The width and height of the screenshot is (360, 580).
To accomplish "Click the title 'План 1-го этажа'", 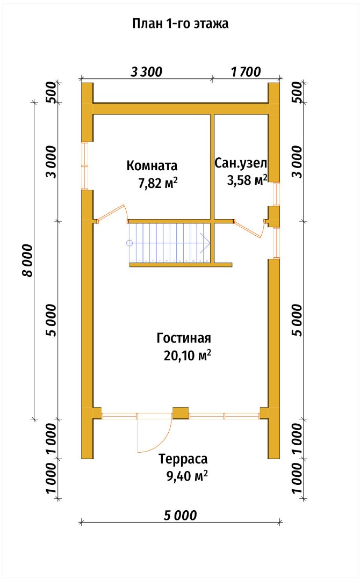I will coord(180,24).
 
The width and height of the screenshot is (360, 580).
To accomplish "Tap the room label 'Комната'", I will coord(152,165).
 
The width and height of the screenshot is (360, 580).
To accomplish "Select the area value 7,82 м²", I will coord(157,184).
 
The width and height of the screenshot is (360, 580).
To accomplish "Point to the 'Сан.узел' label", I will coord(241,163).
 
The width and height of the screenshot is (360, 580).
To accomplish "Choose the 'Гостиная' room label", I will coord(184,338).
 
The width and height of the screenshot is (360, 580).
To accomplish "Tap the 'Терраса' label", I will coord(183,459).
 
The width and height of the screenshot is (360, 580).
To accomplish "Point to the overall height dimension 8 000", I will coord(27,260).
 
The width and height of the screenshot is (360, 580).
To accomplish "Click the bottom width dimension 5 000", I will coord(180,516).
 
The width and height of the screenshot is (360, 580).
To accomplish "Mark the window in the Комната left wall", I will coord(84,166).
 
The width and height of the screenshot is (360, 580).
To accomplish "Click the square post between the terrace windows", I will coord(181,414).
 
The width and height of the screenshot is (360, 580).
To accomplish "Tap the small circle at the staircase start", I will coord(129,243).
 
